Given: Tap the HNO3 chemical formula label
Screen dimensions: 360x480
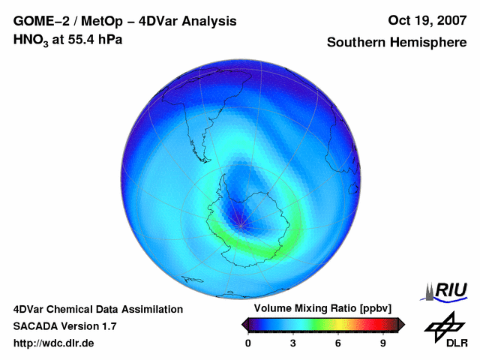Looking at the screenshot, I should coord(31,40).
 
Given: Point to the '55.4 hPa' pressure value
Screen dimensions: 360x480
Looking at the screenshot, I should coord(93,39).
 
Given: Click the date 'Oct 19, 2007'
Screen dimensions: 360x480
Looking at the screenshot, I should coord(428,21).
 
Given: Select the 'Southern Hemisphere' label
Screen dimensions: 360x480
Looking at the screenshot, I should coord(396,43).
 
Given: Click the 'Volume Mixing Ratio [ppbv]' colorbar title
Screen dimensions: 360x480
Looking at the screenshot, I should coord(318,308).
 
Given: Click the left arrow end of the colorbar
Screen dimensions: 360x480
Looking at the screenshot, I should coord(244,324).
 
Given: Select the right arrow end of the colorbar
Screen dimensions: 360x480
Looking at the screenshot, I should coord(401,324).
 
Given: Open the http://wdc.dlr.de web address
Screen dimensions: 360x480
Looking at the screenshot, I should coord(54,343).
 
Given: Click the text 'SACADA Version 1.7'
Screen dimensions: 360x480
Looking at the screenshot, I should coord(64,326).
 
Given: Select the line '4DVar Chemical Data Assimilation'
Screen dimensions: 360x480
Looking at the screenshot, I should coord(97,309).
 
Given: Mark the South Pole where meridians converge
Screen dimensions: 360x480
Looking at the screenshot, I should coord(240,224).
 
